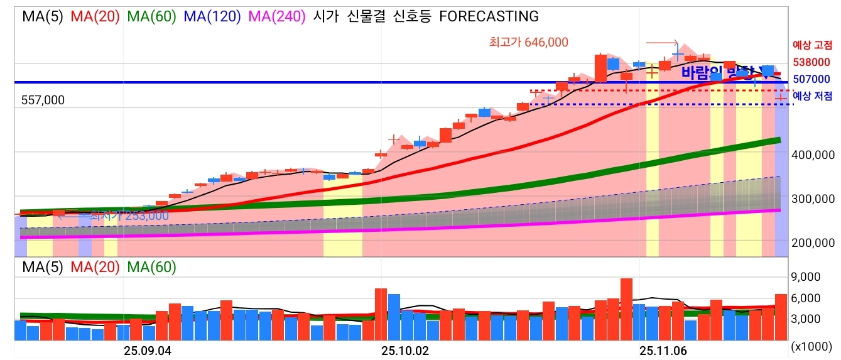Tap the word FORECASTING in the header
coord(488,16)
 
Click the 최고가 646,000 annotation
coord(528,42)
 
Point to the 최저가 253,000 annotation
coord(129,215)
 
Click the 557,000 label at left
coord(43,101)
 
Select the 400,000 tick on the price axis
coord(813,155)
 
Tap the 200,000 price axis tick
coord(813,243)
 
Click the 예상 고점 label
coord(813,45)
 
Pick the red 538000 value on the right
coord(811,62)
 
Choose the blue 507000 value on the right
coord(811,79)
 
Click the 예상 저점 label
coord(813,96)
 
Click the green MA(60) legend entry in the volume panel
coord(152,267)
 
